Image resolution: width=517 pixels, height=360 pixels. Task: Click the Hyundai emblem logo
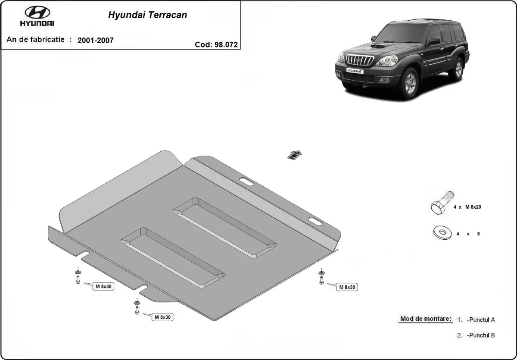(x=37, y=13)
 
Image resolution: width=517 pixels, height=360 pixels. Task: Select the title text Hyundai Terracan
(x=147, y=15)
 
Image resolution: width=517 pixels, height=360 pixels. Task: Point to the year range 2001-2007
(x=95, y=41)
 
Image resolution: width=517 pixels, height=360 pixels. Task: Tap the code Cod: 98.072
(x=216, y=44)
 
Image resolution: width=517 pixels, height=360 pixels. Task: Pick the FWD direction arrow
(x=295, y=155)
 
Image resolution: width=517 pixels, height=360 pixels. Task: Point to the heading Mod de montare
(x=426, y=319)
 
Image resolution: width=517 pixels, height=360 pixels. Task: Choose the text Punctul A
(x=480, y=319)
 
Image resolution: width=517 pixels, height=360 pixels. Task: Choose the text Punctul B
(x=480, y=335)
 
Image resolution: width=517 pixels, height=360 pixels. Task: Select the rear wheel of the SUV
(x=457, y=69)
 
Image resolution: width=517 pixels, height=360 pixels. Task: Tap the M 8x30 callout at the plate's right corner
(x=347, y=287)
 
